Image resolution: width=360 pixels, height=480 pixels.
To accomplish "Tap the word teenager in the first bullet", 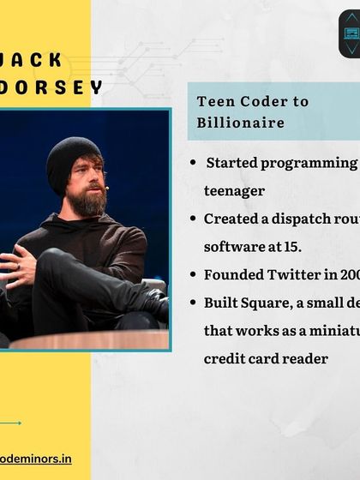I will click(234, 191).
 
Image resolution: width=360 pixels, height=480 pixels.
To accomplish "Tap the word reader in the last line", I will click(305, 358).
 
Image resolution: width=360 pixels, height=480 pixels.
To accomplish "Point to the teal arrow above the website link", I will click(10, 423).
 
